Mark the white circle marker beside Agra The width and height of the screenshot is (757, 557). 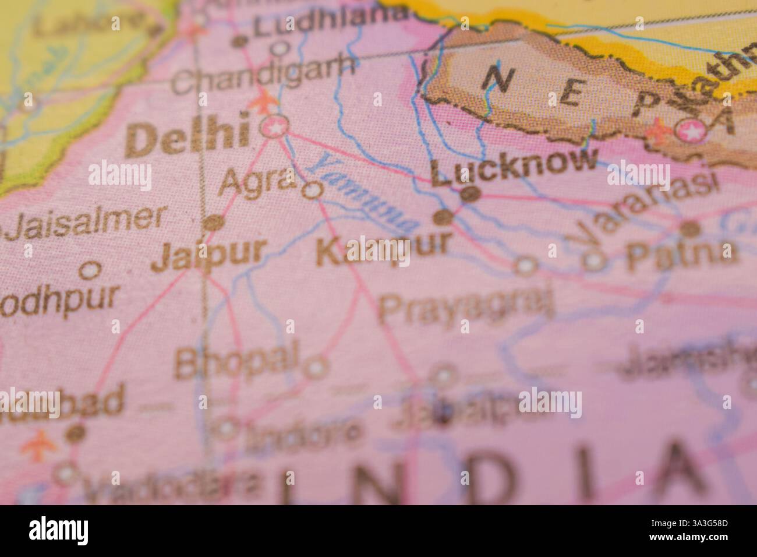(x=314, y=189)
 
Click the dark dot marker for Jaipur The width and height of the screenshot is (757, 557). (x=214, y=223)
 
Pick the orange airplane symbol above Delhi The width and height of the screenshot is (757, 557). (x=263, y=101)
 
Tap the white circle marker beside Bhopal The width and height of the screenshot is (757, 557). (x=316, y=368)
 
